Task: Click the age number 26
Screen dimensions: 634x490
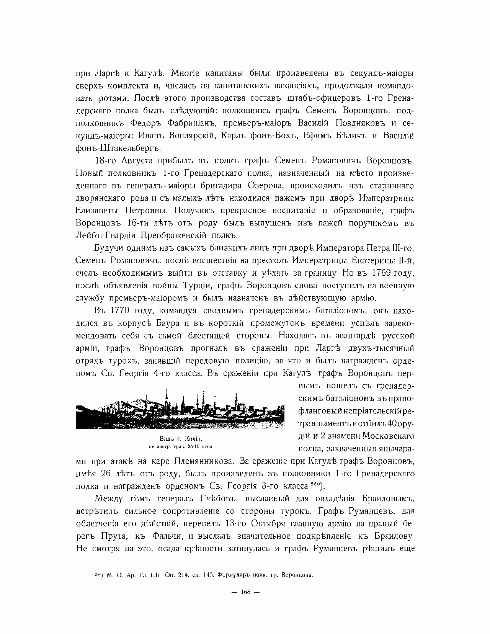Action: [x=106, y=473]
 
